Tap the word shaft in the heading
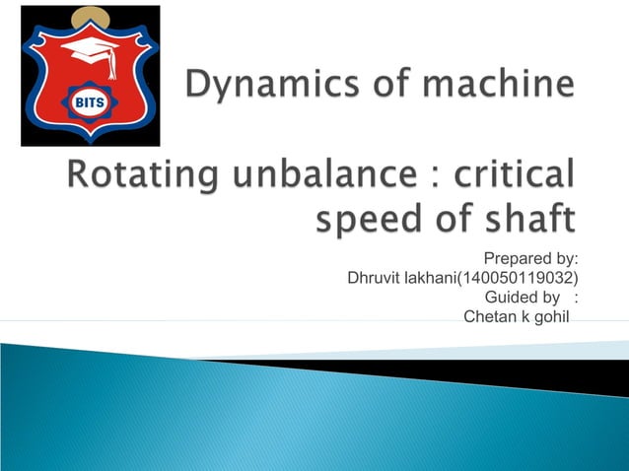click(x=527, y=219)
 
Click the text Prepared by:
click(x=530, y=259)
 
